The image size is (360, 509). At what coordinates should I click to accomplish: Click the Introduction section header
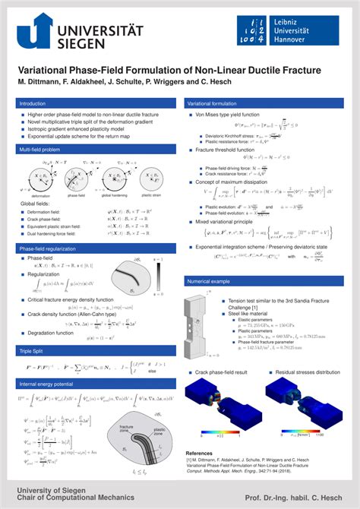pyautogui.click(x=33, y=103)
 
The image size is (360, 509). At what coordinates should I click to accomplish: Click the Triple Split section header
pyautogui.click(x=32, y=350)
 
